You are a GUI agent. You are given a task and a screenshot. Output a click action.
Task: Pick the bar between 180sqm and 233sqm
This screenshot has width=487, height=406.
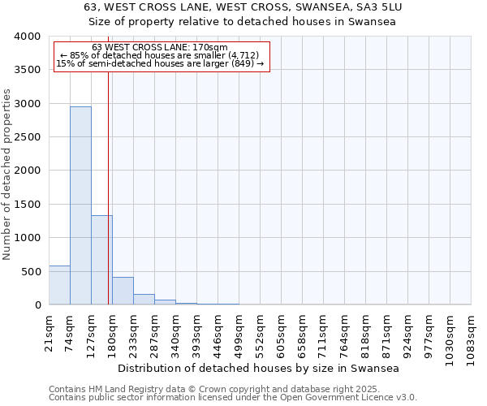pyautogui.click(x=123, y=291)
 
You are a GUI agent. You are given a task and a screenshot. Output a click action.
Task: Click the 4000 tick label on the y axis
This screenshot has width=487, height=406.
pyautogui.click(x=28, y=37)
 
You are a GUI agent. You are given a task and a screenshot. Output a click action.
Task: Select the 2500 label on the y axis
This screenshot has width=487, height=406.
pyautogui.click(x=28, y=137)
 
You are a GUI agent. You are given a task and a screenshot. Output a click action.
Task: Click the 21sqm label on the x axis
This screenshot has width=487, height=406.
pyautogui.click(x=49, y=331)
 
